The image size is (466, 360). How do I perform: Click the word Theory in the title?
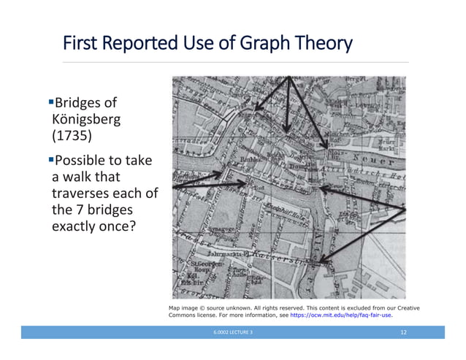click(321, 45)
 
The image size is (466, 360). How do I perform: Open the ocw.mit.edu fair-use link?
click(342, 316)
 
